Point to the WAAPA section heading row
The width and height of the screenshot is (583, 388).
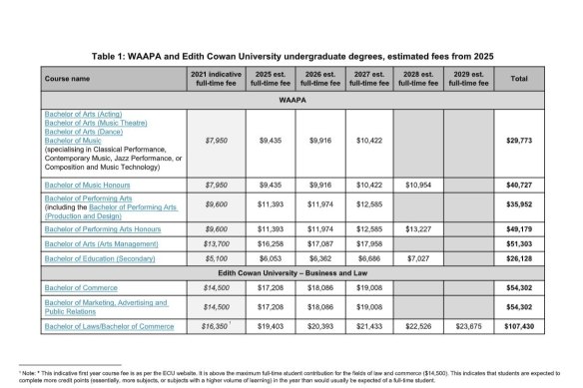click(291, 101)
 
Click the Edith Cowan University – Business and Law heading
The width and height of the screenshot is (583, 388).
click(291, 271)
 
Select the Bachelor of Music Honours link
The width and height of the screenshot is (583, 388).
click(88, 186)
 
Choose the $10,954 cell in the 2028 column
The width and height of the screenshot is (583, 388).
click(419, 186)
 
